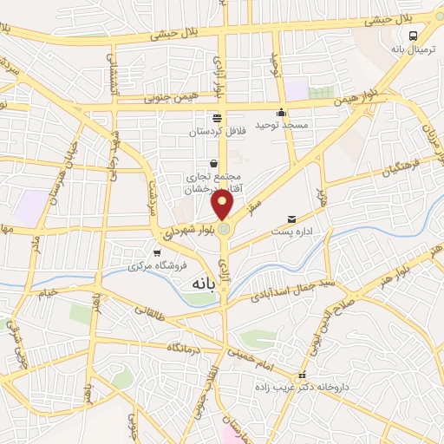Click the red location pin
[x=224, y=206]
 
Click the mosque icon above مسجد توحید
[x=281, y=113]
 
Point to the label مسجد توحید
[x=282, y=126]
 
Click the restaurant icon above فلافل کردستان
[x=216, y=119]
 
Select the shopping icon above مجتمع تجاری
[x=214, y=163]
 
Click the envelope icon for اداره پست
[x=292, y=219]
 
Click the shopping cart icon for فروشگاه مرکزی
[x=156, y=254]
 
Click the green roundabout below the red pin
[x=224, y=228]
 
